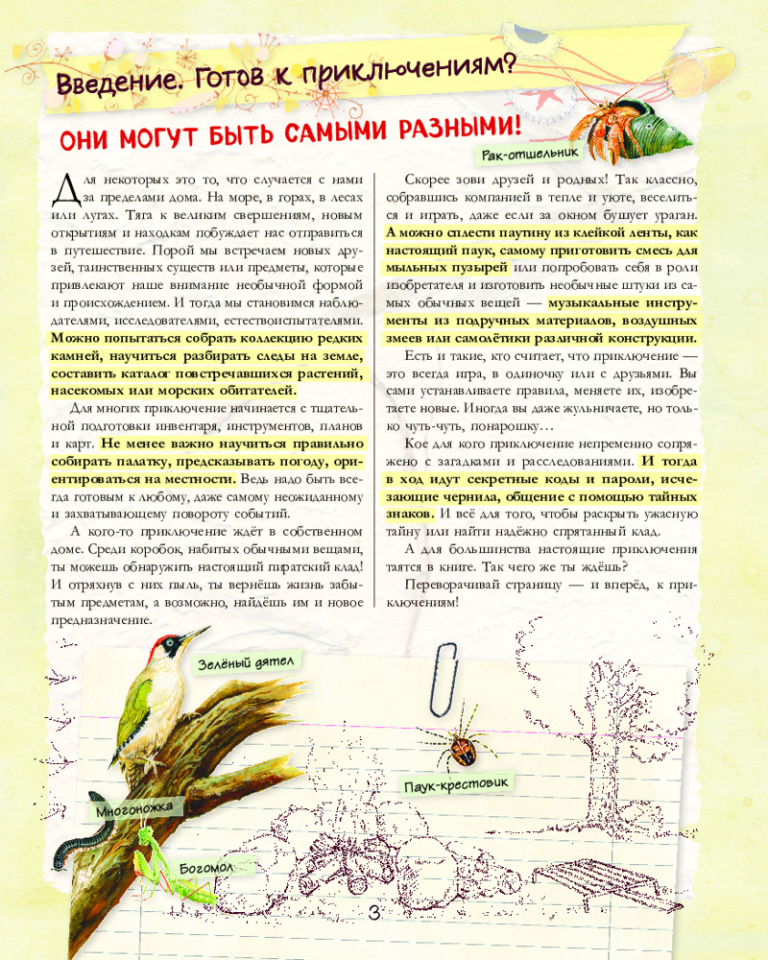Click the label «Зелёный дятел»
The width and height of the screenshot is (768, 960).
pos(245,662)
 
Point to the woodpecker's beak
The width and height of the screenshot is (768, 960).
pos(195,634)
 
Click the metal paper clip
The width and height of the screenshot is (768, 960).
pos(444,678)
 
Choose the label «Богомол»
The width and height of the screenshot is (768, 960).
pos(206,869)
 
